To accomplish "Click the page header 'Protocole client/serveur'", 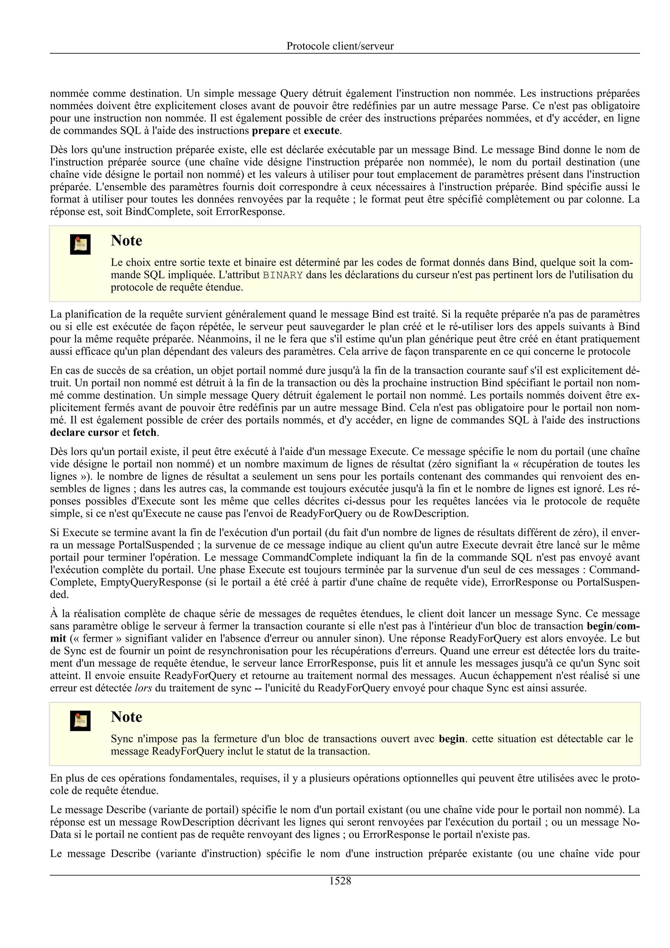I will [x=340, y=46].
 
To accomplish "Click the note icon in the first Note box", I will [x=80, y=244].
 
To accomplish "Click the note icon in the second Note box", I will [x=80, y=721].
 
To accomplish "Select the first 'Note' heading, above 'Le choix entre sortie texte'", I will [x=126, y=241].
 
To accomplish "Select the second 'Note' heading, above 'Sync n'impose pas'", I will [x=126, y=717].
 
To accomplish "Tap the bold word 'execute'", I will [x=321, y=131].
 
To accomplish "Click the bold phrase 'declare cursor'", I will [x=84, y=433].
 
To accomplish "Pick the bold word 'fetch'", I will [x=145, y=433].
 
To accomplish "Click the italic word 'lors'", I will [x=143, y=688].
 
